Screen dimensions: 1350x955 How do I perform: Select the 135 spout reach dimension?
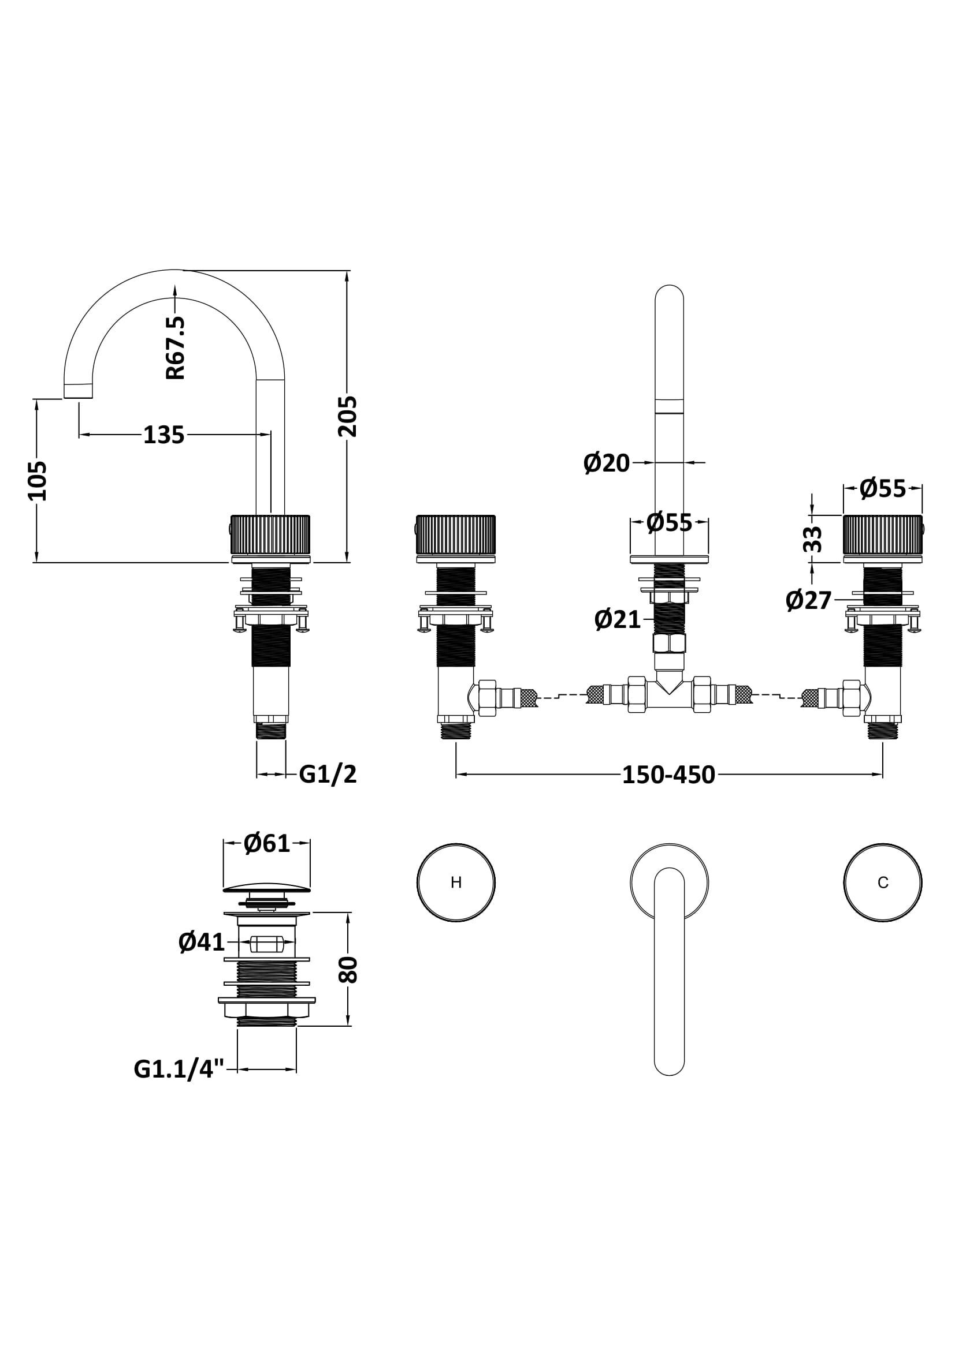pos(164,435)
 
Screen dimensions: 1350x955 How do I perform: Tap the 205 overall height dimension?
pos(348,416)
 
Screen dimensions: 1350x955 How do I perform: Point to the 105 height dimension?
pos(38,480)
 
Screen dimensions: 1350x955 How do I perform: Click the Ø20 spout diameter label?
pos(607,463)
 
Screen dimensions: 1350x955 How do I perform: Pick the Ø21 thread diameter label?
pos(617,620)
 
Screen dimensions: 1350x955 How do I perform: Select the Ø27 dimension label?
pos(808,600)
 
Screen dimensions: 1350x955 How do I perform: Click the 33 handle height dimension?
pos(813,538)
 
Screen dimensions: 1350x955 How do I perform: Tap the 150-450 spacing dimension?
pos(668,775)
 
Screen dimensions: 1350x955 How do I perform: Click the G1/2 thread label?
pos(328,775)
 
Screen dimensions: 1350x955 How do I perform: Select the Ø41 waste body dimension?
pos(202,943)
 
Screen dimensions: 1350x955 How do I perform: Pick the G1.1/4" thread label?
pos(180,1069)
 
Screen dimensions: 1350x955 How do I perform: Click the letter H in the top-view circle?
pos(456,882)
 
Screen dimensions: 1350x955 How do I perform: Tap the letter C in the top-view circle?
pos(883,882)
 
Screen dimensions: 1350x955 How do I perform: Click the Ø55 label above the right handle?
pos(883,488)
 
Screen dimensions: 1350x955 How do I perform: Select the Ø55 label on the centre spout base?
pos(669,522)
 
